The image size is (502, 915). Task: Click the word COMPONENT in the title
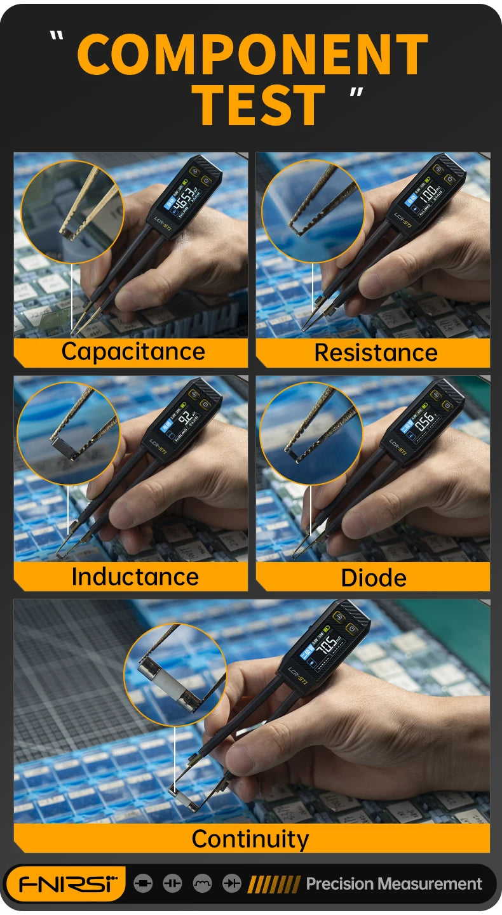252,55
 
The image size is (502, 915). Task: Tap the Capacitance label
133,351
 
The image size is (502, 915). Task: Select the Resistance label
376,352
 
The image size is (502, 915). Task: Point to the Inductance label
135,577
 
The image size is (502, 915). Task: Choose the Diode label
374,577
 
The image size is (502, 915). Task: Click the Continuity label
250,839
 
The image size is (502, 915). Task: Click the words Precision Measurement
394,884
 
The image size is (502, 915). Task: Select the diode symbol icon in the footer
231,883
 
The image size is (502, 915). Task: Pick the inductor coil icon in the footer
202,883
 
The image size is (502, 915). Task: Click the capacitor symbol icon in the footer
172,883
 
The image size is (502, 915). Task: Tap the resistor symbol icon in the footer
143,883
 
